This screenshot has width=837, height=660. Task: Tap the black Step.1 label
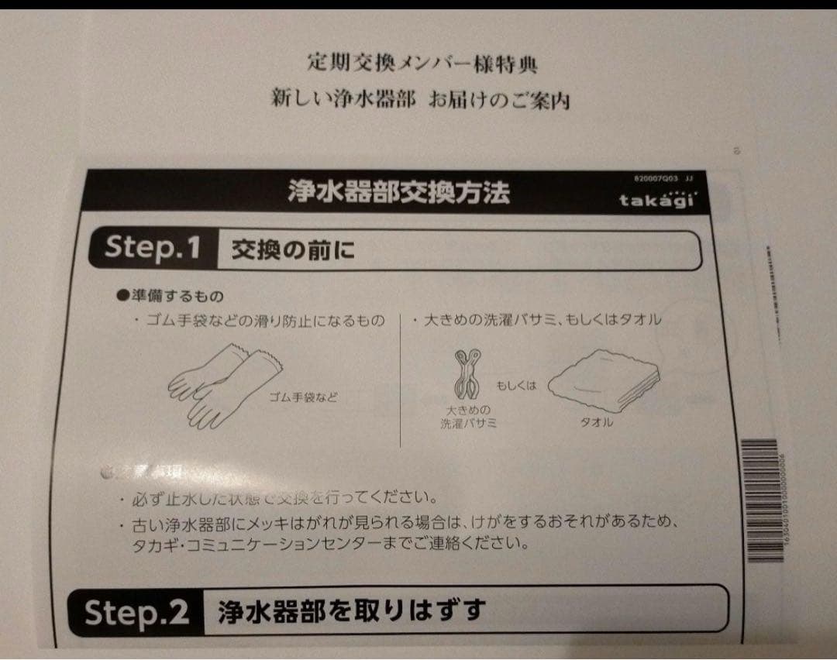pyautogui.click(x=153, y=248)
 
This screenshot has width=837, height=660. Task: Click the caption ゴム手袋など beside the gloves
pyautogui.click(x=303, y=397)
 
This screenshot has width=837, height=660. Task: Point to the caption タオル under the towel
pyautogui.click(x=597, y=422)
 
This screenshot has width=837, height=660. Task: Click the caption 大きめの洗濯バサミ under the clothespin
pyautogui.click(x=468, y=416)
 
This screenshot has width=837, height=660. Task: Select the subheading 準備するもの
pyautogui.click(x=169, y=297)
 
